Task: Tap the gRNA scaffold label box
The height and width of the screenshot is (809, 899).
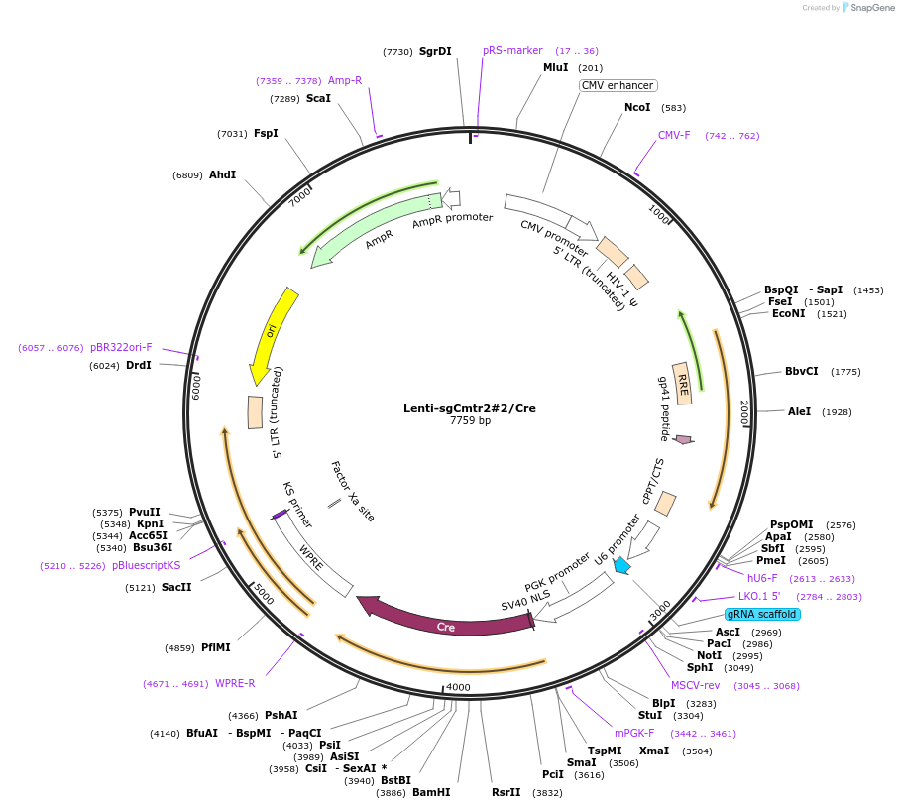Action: [x=762, y=614]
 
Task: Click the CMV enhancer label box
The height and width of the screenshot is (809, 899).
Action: [x=618, y=86]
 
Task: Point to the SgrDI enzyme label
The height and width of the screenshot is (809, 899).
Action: [x=434, y=51]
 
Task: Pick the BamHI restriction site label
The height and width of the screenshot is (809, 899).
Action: [x=431, y=793]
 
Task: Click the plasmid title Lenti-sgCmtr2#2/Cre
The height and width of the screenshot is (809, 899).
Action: [x=470, y=408]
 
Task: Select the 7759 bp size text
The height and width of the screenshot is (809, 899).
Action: [x=470, y=421]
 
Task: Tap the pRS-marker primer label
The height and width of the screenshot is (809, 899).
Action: [x=512, y=50]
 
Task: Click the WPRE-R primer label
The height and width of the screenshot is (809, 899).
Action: [x=235, y=683]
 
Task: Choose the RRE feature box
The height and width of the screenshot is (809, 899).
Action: [x=682, y=380]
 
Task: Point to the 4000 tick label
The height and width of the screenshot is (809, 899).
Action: [x=458, y=687]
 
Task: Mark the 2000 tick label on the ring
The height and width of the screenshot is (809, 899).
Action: [x=743, y=413]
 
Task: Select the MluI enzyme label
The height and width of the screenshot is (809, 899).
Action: [x=556, y=67]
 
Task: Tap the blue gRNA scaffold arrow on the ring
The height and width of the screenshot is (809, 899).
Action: [x=621, y=566]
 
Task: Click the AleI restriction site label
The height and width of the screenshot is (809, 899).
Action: [x=799, y=411]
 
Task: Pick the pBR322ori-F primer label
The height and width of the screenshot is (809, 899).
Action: [x=121, y=348]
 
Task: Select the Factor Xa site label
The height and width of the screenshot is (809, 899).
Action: [x=353, y=491]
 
